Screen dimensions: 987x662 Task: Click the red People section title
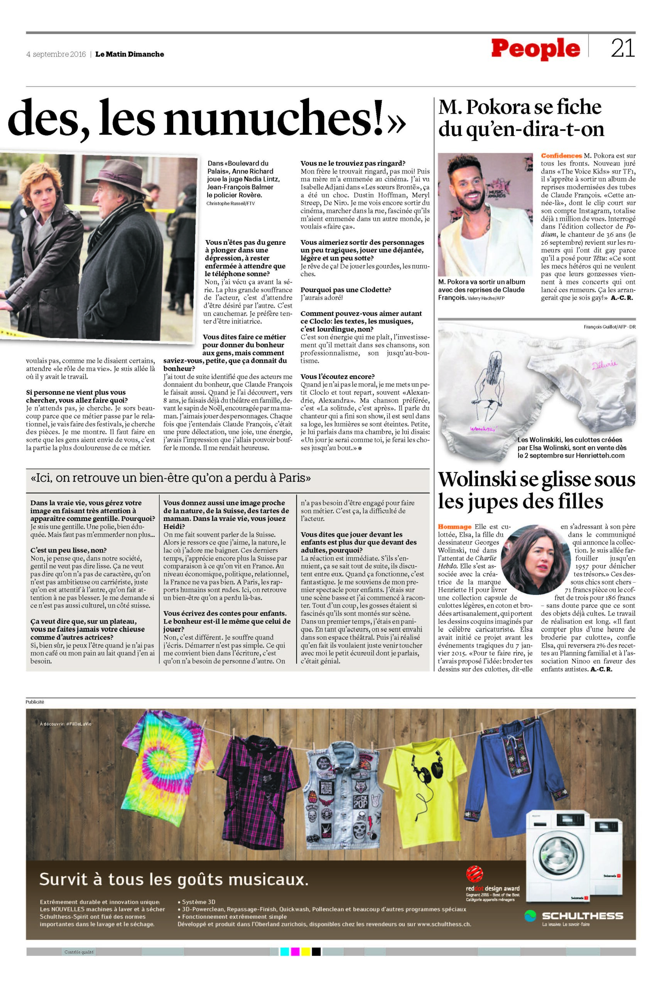pyautogui.click(x=535, y=49)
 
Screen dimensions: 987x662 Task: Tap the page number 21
pyautogui.click(x=622, y=49)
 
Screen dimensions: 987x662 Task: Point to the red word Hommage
pyautogui.click(x=454, y=527)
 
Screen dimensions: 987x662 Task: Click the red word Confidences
pyautogui.click(x=561, y=156)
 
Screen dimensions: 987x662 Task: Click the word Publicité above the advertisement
pyautogui.click(x=35, y=702)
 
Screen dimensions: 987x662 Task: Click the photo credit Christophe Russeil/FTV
pyautogui.click(x=231, y=204)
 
